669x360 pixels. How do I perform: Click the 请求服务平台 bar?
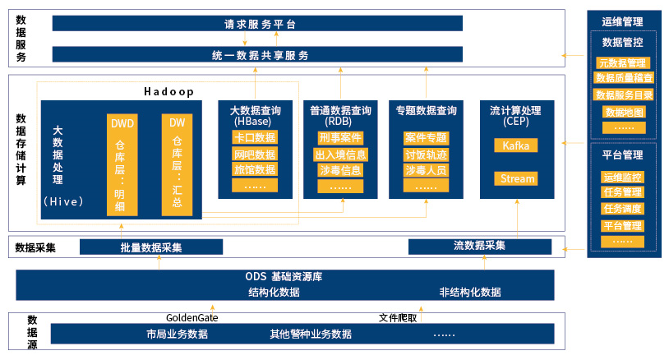point(257,24)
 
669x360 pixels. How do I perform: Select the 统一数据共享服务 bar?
point(257,54)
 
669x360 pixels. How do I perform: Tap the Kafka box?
point(516,145)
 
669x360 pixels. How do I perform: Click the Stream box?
point(516,178)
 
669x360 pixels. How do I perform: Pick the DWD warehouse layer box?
point(122,164)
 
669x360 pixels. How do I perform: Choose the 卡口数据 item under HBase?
point(255,137)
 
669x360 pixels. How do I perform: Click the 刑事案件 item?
point(340,138)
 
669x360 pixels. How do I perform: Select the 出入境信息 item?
point(340,155)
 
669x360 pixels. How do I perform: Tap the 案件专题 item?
point(426,138)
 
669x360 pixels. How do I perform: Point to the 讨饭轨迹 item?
point(426,155)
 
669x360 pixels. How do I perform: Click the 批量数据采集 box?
point(151,247)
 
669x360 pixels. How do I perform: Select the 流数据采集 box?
point(480,247)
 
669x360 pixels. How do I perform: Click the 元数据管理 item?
point(622,63)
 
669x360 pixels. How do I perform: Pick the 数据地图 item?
point(624,112)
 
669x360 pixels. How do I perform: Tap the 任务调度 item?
point(622,209)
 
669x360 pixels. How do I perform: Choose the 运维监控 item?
point(622,177)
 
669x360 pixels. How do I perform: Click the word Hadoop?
point(168,92)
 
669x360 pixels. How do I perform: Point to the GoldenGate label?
point(192,318)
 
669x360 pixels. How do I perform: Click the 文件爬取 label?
point(398,318)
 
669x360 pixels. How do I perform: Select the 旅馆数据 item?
point(255,169)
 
